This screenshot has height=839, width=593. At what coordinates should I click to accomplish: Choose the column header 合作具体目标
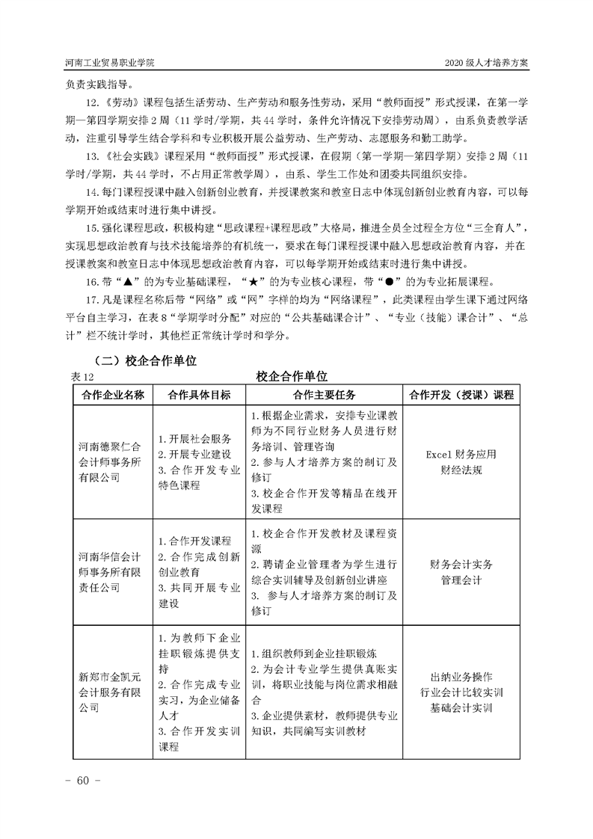pos(200,394)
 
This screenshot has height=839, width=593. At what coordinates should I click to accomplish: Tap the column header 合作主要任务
pos(324,394)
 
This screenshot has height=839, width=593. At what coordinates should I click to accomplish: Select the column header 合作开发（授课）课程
pos(461,394)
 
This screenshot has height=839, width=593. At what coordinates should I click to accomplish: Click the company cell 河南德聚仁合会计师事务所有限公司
pos(110,462)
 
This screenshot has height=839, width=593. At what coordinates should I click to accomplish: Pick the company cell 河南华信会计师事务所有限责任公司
pos(110,571)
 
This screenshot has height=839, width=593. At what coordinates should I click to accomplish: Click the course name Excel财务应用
pos(461,454)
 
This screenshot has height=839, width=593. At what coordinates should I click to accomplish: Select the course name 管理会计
pos(461,580)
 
